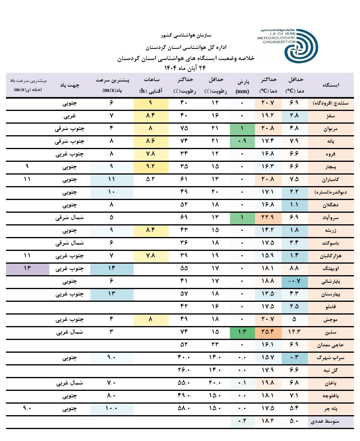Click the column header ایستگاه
(332, 85)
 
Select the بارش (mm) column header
(242, 85)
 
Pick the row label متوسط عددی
(332, 422)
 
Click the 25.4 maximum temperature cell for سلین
(267, 332)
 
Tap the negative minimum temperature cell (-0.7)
(295, 282)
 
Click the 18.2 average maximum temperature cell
(267, 422)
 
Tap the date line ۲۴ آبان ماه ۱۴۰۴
(187, 67)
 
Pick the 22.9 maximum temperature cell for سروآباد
(267, 218)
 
